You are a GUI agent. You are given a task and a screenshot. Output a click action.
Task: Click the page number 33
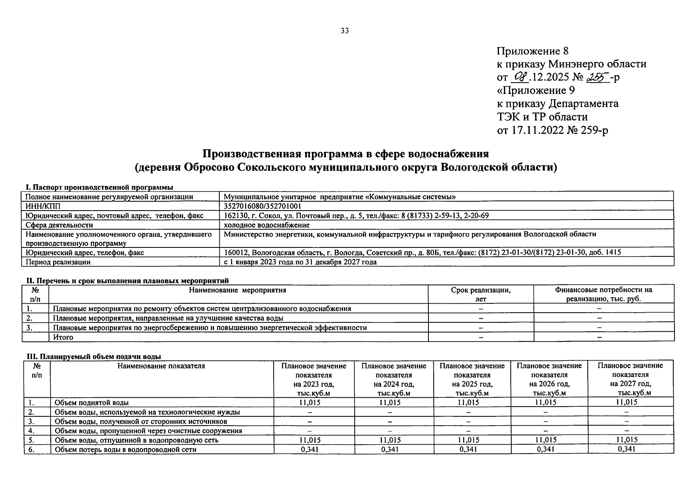tap(345, 31)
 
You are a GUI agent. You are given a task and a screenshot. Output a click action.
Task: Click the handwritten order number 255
tap(599, 77)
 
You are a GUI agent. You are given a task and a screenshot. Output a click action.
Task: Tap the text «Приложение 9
tap(535, 90)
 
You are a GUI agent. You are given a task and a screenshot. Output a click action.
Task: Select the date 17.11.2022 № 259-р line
tap(552, 130)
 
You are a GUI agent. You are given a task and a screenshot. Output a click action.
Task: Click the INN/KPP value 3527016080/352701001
tap(262, 206)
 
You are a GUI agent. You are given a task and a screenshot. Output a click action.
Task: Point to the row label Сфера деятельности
tap(59, 225)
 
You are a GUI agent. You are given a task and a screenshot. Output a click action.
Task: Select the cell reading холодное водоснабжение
tap(266, 225)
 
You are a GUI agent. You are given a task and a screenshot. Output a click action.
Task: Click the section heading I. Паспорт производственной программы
tap(99, 187)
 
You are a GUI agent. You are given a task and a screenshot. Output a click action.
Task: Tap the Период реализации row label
tap(58, 262)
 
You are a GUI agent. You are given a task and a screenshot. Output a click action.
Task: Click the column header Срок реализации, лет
tap(481, 294)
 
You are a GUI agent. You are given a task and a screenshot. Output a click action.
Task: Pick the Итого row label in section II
tap(63, 337)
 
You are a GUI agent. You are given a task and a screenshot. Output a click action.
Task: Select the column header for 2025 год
tap(472, 379)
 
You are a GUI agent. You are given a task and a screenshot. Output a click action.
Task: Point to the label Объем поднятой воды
tap(92, 403)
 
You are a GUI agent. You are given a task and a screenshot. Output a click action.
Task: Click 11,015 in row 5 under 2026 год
tap(546, 440)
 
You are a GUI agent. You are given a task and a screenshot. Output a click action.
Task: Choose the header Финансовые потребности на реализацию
tap(604, 294)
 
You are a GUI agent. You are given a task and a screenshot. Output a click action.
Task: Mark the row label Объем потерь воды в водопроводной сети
tap(126, 449)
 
